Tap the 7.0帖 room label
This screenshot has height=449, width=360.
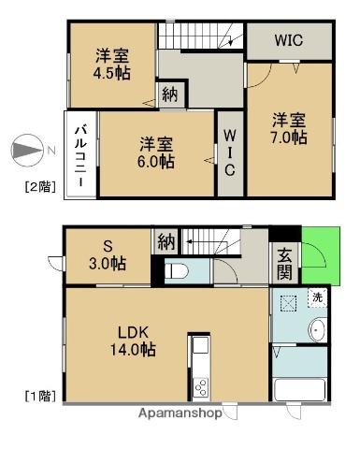pyautogui.click(x=289, y=128)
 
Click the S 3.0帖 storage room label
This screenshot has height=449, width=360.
pyautogui.click(x=108, y=255)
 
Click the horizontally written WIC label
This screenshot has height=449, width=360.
pyautogui.click(x=288, y=40)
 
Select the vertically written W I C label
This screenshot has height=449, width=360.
pyautogui.click(x=229, y=152)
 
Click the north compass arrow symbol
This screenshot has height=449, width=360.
pyautogui.click(x=27, y=150)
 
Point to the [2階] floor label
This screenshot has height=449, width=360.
pyautogui.click(x=39, y=187)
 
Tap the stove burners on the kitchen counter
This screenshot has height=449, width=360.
pyautogui.click(x=201, y=386)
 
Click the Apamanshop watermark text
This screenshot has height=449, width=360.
pyautogui.click(x=180, y=413)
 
